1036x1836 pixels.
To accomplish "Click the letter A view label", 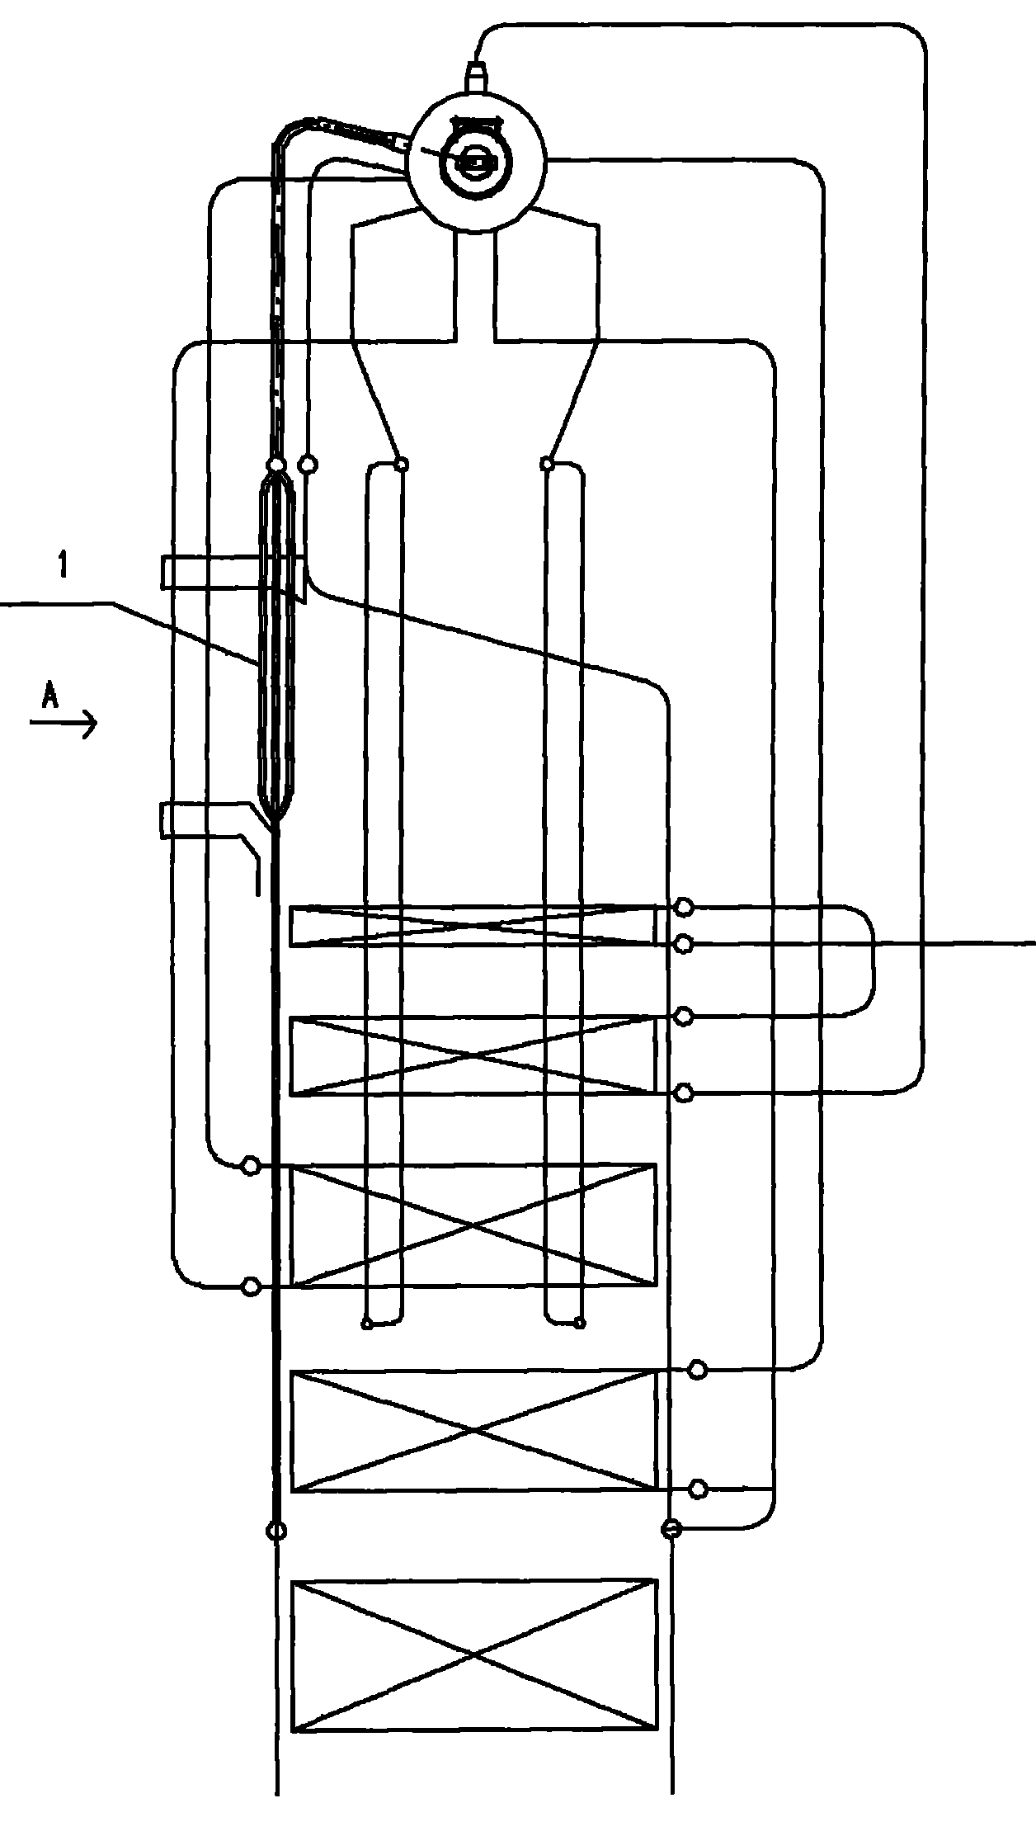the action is (x=51, y=698).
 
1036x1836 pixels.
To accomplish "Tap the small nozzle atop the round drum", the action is (x=476, y=75).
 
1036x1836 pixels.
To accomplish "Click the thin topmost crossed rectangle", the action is (x=474, y=926).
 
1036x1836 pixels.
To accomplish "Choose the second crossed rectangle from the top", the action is (x=474, y=1056).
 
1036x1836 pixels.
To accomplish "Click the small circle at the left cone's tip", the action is (x=401, y=465).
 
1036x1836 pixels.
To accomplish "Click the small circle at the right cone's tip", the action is (x=547, y=465).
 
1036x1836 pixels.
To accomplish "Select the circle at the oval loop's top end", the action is (x=276, y=466).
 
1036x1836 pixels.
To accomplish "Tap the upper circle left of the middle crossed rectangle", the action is (x=250, y=1165).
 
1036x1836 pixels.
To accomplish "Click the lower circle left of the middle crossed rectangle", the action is (x=250, y=1286).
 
